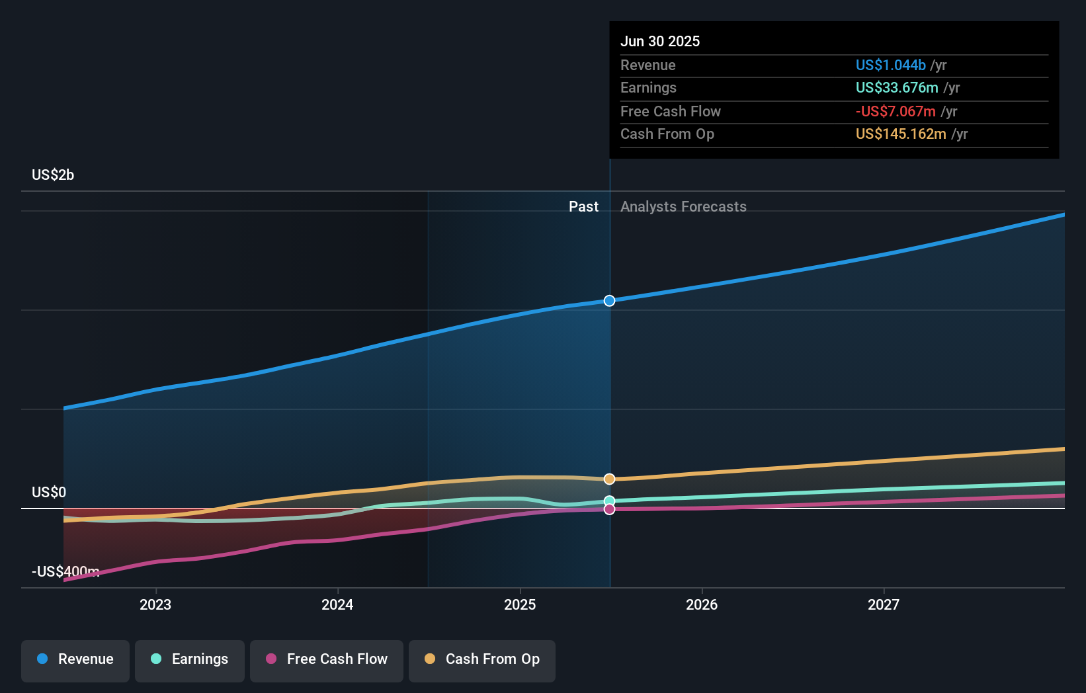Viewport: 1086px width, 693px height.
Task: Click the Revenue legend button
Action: click(x=75, y=660)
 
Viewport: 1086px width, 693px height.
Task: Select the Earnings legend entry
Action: click(x=190, y=660)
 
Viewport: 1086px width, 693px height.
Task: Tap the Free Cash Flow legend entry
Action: click(x=327, y=660)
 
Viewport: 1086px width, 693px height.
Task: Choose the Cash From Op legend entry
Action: click(x=482, y=660)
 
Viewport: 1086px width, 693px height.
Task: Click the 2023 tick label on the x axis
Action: click(x=155, y=604)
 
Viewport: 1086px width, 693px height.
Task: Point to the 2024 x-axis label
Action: click(x=337, y=604)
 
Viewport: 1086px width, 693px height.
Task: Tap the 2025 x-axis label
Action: click(x=520, y=604)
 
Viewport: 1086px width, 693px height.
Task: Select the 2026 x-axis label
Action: click(x=702, y=604)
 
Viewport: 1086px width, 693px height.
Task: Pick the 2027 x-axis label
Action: click(x=884, y=604)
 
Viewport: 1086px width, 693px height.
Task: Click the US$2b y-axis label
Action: click(x=53, y=175)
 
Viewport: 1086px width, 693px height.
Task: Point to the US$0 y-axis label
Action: click(x=49, y=493)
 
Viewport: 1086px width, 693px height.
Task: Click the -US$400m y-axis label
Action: click(x=65, y=571)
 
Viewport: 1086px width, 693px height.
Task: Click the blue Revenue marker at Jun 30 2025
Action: click(x=610, y=301)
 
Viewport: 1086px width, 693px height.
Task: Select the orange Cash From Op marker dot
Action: click(x=610, y=479)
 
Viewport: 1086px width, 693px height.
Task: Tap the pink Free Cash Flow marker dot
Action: click(x=610, y=509)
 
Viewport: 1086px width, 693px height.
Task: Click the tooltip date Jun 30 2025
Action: click(x=660, y=42)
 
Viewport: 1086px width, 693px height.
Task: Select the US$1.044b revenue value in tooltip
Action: click(x=890, y=65)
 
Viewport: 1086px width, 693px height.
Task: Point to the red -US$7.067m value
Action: click(x=896, y=112)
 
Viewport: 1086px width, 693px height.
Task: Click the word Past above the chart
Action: click(x=583, y=207)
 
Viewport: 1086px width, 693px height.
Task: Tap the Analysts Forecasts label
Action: click(x=683, y=207)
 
